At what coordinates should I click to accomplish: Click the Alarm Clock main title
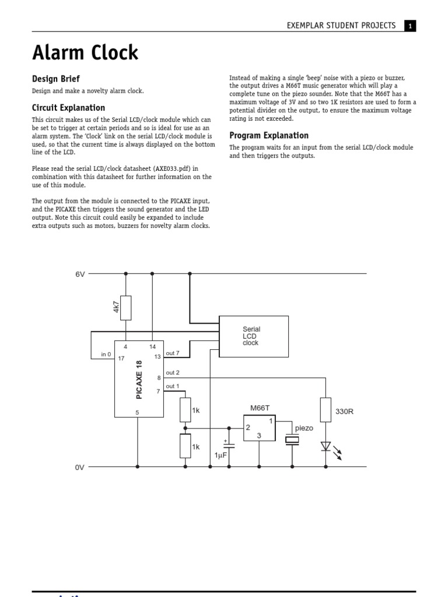point(85,53)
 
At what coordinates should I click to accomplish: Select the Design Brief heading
point(55,79)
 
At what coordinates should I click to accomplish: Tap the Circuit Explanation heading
point(68,108)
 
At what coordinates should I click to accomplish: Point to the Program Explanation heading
point(269,136)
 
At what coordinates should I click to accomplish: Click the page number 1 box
point(410,26)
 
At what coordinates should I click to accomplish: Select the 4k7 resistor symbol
point(125,308)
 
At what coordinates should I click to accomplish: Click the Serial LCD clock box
point(253,336)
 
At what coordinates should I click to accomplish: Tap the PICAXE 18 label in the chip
point(139,380)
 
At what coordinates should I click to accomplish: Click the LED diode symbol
point(326,447)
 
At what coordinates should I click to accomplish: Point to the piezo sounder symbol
point(292,440)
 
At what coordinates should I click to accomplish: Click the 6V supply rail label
point(80,273)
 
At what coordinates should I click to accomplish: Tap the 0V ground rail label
point(80,467)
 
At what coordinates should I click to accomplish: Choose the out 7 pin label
point(173,353)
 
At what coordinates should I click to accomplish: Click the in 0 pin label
point(106,354)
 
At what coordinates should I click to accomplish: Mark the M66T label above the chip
point(260,408)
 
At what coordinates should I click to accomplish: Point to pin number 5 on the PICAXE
point(138,412)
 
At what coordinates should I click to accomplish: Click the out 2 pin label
point(173,373)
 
